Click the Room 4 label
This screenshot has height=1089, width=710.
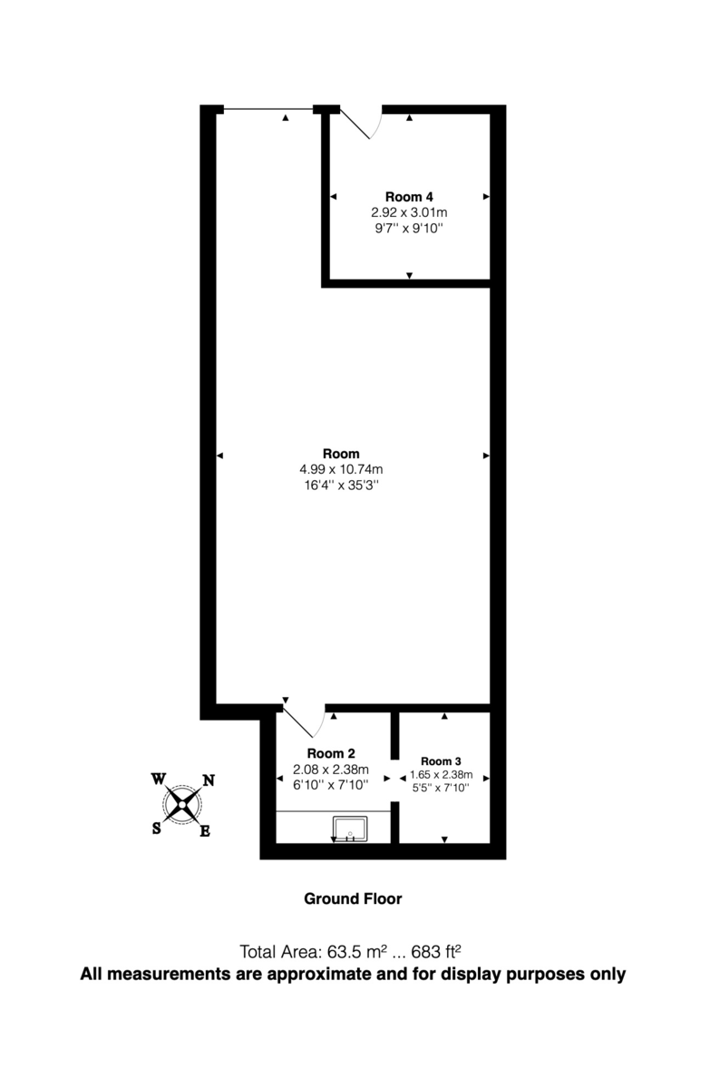(409, 197)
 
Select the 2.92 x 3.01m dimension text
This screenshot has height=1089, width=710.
(409, 213)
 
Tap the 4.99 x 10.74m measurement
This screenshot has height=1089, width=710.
(341, 469)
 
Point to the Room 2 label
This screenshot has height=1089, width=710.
(331, 753)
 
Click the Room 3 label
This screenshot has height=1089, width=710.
(442, 760)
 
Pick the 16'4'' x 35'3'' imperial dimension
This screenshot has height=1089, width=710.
(341, 486)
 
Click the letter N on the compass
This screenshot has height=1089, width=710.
(208, 780)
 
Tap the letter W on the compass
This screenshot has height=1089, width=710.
(158, 779)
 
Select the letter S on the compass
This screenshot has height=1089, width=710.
(157, 828)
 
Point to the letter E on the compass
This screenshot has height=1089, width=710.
(205, 830)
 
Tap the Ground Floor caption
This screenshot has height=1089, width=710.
(353, 899)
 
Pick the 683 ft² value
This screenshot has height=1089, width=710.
(437, 952)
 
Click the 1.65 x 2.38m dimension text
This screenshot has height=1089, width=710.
(442, 774)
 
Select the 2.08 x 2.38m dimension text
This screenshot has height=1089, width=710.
(331, 770)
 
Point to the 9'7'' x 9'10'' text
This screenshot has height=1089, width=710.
(409, 229)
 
